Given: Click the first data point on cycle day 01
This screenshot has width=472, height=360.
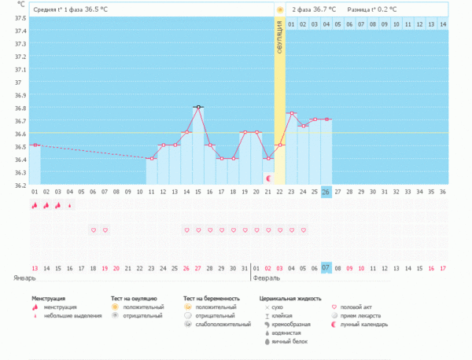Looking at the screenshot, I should click(x=35, y=145).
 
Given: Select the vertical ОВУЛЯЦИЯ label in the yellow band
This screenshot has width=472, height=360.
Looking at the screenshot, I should click(x=279, y=39).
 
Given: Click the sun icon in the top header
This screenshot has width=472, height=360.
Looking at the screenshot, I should click(x=279, y=9).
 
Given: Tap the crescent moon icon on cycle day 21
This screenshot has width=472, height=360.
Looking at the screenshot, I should click(x=268, y=178).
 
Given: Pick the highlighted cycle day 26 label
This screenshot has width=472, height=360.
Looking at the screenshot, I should click(x=326, y=192).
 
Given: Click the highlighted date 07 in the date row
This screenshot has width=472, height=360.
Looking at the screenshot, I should click(x=326, y=268).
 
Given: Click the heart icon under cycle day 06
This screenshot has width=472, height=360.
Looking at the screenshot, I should click(x=94, y=230).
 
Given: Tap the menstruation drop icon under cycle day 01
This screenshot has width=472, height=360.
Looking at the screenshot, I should click(x=35, y=206).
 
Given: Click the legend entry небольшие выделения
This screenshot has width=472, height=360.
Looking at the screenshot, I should click(x=71, y=316).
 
